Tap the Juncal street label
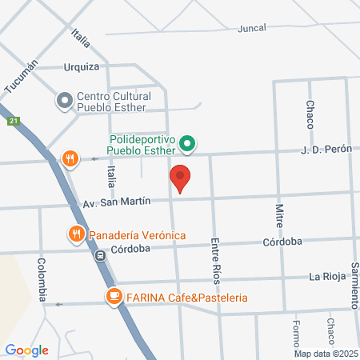click(252, 27)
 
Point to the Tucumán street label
click(22, 77)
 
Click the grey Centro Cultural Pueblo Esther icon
click(64, 101)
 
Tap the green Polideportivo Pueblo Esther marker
click(187, 144)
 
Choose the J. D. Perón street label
click(326, 150)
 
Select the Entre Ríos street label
click(214, 259)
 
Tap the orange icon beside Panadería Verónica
click(76, 234)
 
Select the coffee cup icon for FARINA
click(114, 298)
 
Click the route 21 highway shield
click(14, 122)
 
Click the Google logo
click(26, 350)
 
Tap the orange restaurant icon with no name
click(71, 158)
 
